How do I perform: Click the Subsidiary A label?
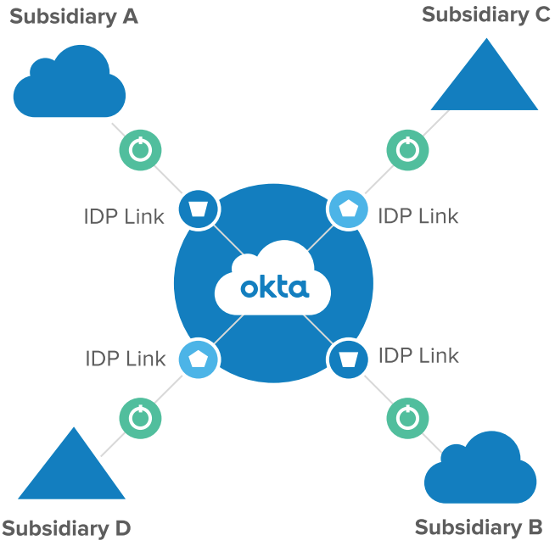click(73, 16)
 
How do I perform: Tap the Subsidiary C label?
click(485, 14)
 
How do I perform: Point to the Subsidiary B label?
click(478, 527)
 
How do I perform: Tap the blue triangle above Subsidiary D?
click(71, 467)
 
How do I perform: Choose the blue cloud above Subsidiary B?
click(480, 469)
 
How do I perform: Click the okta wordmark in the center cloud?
click(273, 287)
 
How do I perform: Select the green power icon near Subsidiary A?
click(140, 150)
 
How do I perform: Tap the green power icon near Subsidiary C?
click(408, 150)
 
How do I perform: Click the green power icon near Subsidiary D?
click(140, 417)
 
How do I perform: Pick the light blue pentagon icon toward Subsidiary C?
click(348, 209)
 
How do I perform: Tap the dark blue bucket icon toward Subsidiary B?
click(348, 359)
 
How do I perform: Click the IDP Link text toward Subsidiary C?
click(418, 215)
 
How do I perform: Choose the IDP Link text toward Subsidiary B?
click(418, 355)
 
